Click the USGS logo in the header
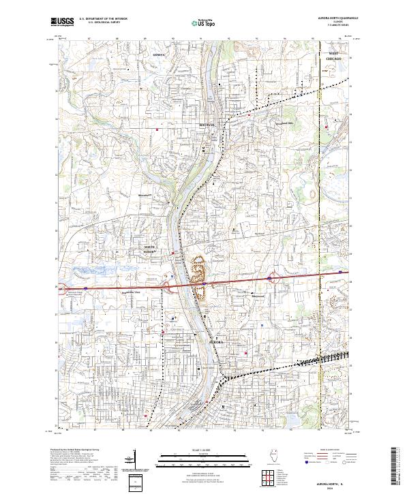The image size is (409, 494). coord(63,22)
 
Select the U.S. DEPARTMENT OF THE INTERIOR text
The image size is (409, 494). coord(102,19)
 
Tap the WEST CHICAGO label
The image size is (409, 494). coord(334,57)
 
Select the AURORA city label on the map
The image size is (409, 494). coord(216,340)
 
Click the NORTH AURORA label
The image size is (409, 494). coord(149,249)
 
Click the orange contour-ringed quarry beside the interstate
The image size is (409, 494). coord(198,276)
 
